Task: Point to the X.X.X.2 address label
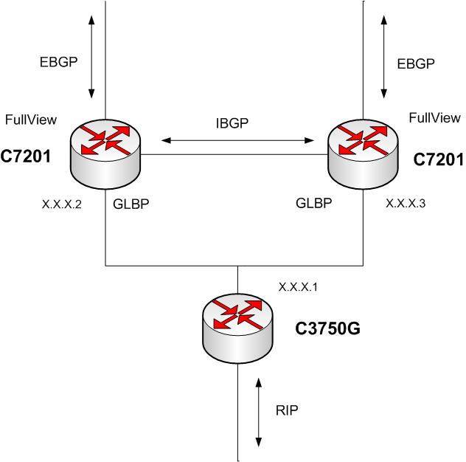[x=61, y=204]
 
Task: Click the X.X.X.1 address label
[x=298, y=285]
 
